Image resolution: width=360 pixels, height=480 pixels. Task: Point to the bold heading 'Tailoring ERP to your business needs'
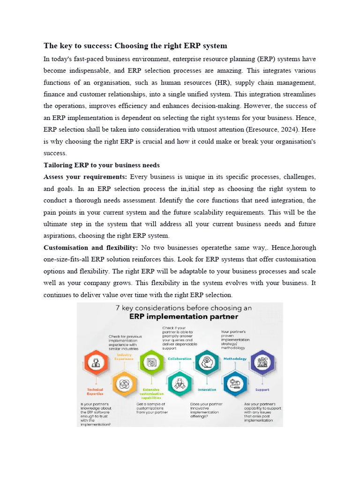pyautogui.click(x=102, y=165)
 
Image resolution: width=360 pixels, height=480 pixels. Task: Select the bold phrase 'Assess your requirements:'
pyautogui.click(x=85, y=177)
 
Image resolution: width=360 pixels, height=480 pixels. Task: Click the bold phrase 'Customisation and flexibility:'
pyautogui.click(x=90, y=247)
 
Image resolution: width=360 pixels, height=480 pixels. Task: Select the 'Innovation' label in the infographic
pyautogui.click(x=207, y=390)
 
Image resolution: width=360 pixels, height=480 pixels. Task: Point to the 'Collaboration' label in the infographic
pyautogui.click(x=179, y=359)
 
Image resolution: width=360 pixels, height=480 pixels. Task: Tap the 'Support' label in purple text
pyautogui.click(x=262, y=390)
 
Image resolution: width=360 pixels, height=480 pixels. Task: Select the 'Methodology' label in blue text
pyautogui.click(x=235, y=359)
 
